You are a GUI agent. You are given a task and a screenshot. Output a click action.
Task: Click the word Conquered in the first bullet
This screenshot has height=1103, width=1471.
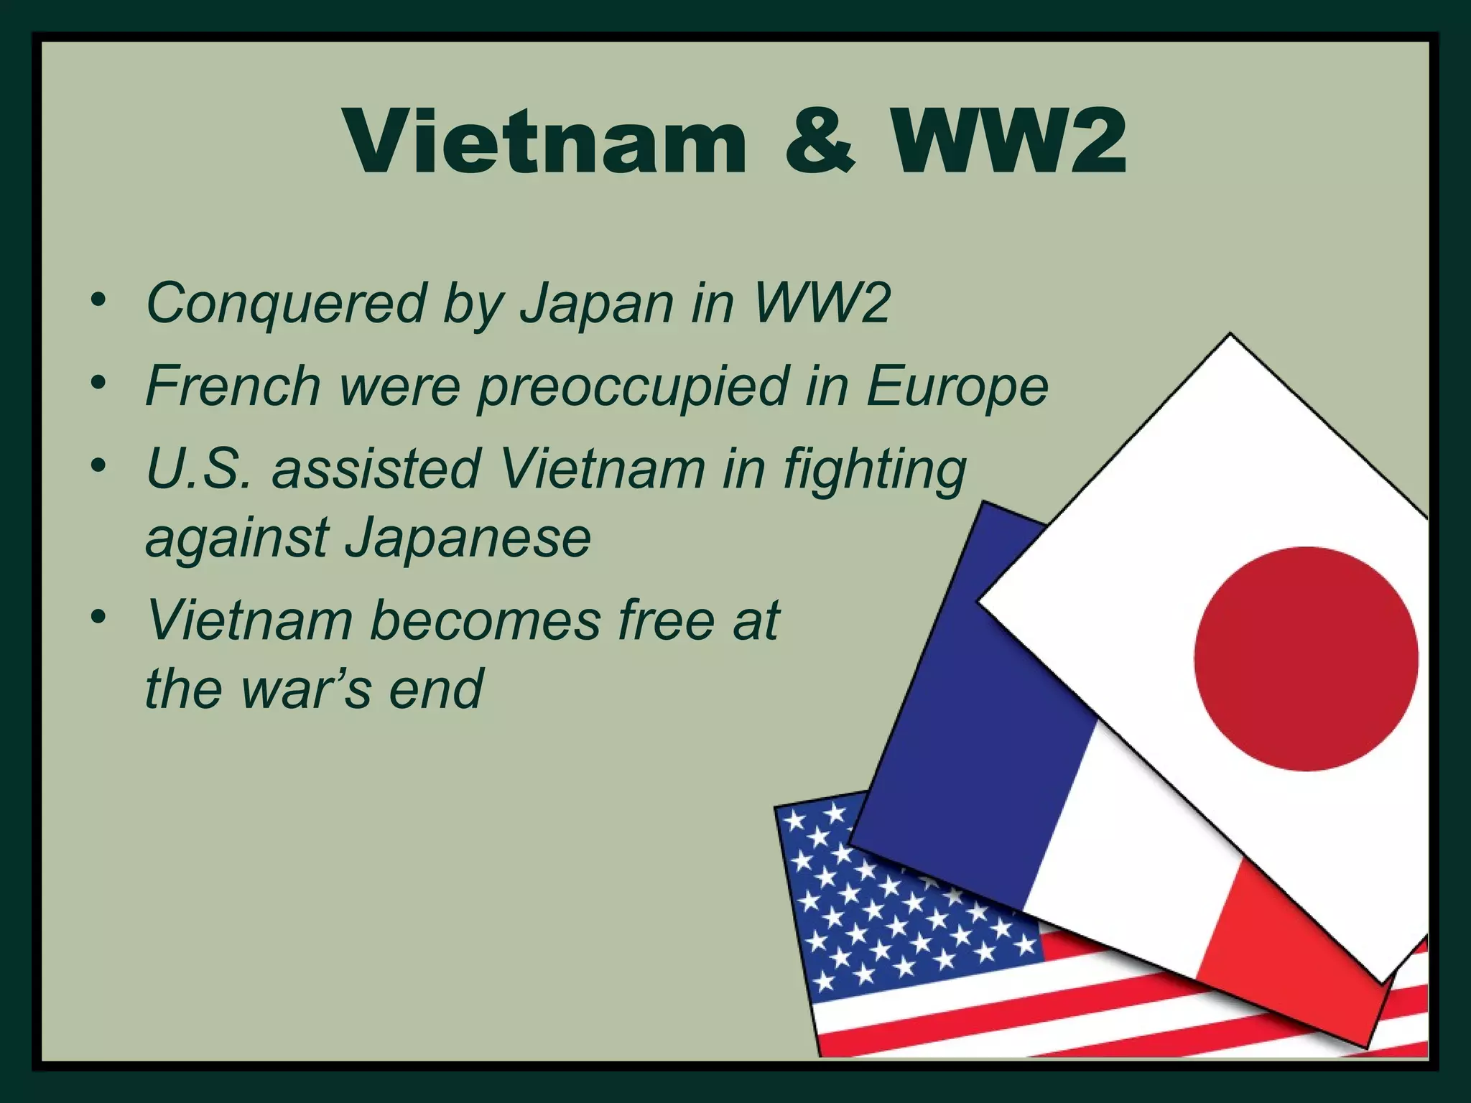pyautogui.click(x=287, y=304)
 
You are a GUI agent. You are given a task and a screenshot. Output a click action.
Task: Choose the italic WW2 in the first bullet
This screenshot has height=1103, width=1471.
pyautogui.click(x=823, y=302)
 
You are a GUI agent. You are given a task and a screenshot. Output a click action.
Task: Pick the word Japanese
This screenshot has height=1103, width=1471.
pyautogui.click(x=468, y=538)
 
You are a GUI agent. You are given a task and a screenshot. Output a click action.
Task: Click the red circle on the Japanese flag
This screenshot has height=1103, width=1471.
pyautogui.click(x=1306, y=658)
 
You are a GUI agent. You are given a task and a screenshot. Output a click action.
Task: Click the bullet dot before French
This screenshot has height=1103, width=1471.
pyautogui.click(x=98, y=381)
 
